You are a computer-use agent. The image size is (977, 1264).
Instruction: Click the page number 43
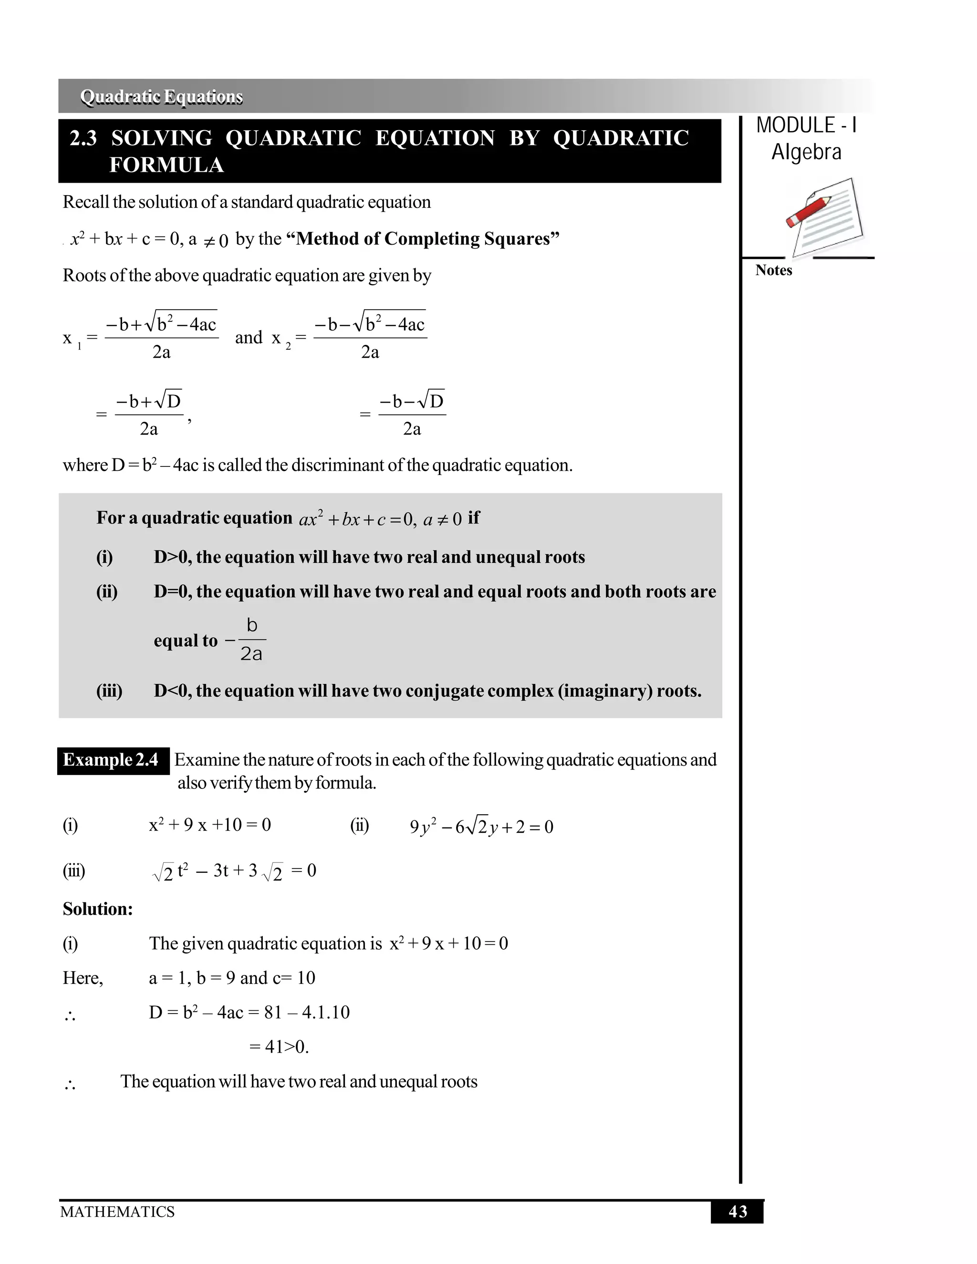pyautogui.click(x=738, y=1212)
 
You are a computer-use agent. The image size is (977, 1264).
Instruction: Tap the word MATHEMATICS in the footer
pyautogui.click(x=117, y=1212)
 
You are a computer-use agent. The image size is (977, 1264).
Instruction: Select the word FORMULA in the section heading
pyautogui.click(x=166, y=166)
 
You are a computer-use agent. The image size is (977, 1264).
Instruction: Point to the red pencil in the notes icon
pyautogui.click(x=808, y=211)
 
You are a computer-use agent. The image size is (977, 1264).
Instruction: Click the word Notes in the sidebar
pyautogui.click(x=773, y=270)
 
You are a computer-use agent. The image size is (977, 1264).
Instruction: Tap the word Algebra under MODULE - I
pyautogui.click(x=806, y=152)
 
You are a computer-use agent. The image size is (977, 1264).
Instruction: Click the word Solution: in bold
pyautogui.click(x=98, y=909)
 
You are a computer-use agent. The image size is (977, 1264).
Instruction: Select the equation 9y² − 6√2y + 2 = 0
pyautogui.click(x=481, y=827)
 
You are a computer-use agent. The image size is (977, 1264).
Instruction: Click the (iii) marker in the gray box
pyautogui.click(x=109, y=691)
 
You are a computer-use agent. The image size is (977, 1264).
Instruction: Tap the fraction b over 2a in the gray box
pyautogui.click(x=252, y=640)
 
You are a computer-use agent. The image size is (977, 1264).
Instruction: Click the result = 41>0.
pyautogui.click(x=279, y=1047)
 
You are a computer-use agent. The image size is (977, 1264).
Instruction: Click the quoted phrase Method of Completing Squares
pyautogui.click(x=427, y=239)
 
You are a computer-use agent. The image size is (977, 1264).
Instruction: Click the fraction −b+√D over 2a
pyautogui.click(x=149, y=414)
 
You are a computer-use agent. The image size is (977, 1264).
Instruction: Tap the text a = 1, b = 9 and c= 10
pyautogui.click(x=231, y=978)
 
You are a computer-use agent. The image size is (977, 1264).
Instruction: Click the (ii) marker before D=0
pyautogui.click(x=106, y=591)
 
